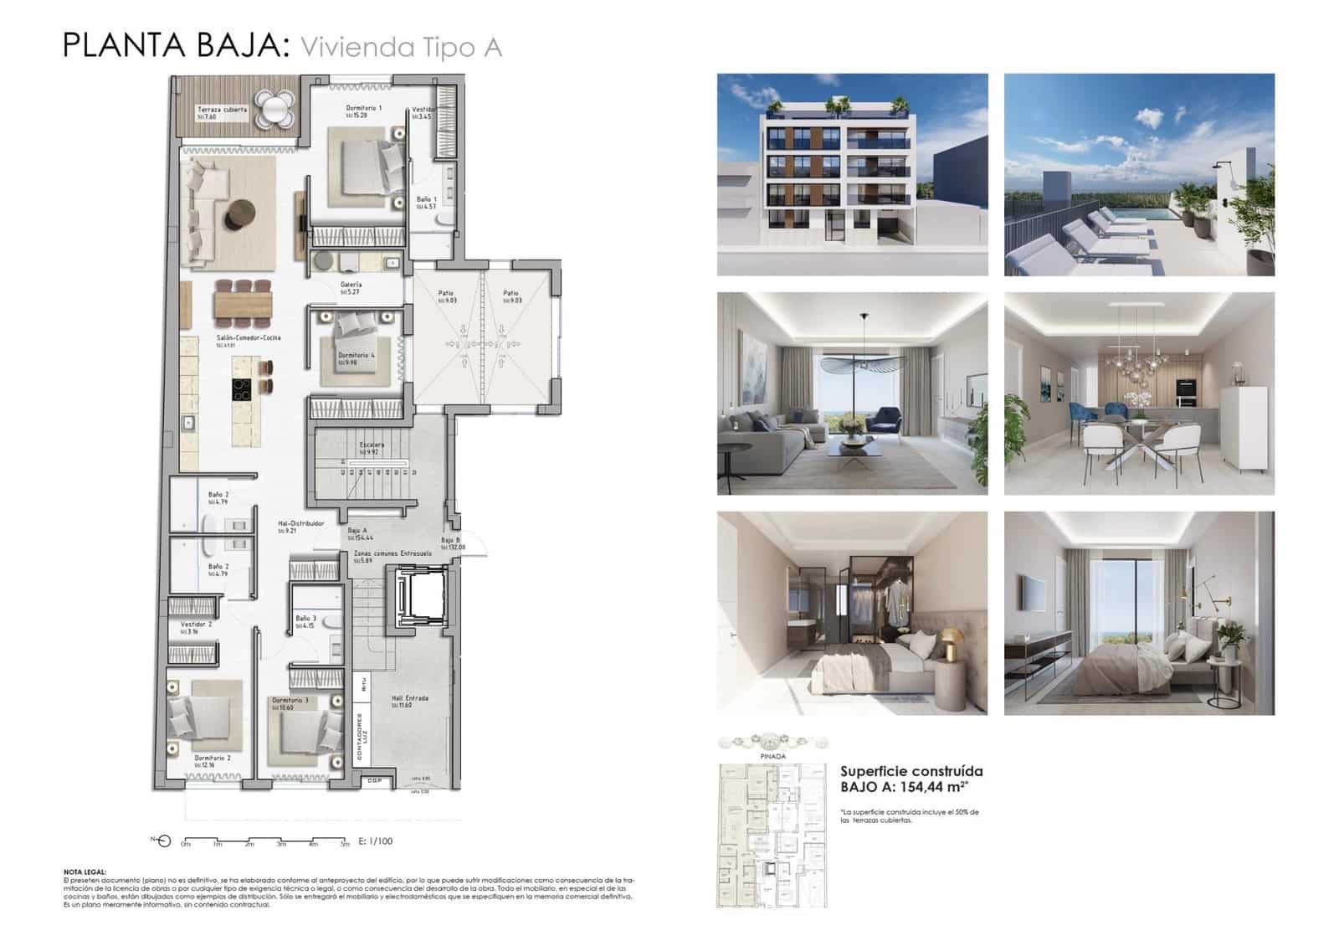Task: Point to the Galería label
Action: coord(351,285)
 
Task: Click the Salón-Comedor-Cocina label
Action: coord(249,338)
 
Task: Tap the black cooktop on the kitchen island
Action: coord(243,388)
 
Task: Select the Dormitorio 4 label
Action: coord(357,355)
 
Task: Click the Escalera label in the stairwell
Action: coord(372,445)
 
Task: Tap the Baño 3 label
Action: coord(305,619)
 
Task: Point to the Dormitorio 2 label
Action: coord(212,758)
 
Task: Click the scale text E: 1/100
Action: coord(375,841)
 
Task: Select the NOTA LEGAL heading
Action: coord(85,871)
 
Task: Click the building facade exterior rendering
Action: coord(852,174)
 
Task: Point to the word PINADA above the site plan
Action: coord(772,756)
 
